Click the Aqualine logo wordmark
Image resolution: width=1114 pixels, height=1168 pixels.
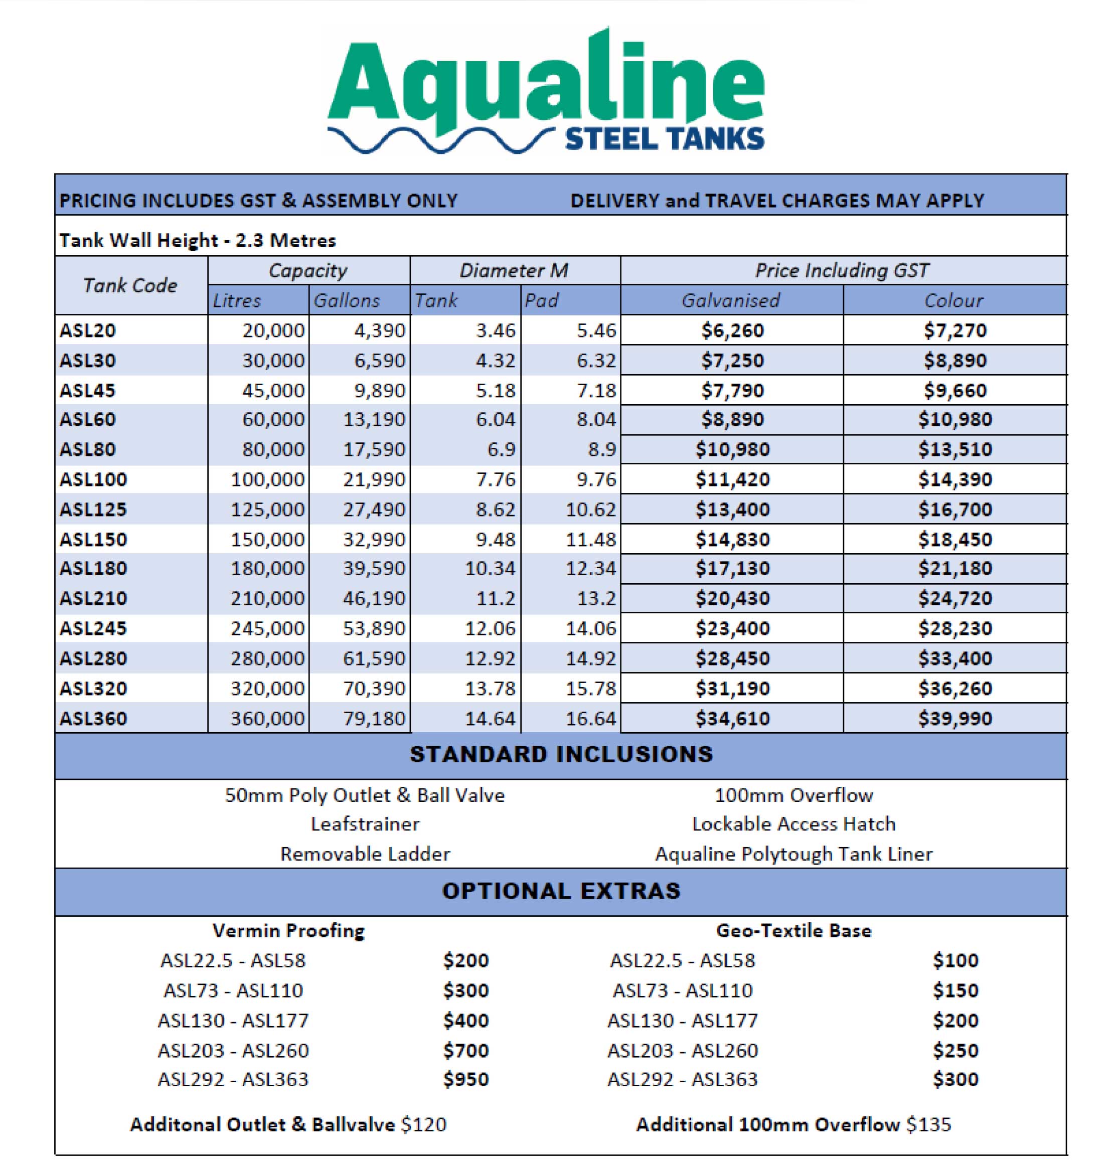pyautogui.click(x=545, y=83)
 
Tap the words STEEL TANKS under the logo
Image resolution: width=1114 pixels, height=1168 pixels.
pyautogui.click(x=664, y=138)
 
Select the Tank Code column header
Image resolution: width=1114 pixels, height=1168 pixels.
pyautogui.click(x=130, y=286)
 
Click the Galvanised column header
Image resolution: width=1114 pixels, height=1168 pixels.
pyautogui.click(x=730, y=300)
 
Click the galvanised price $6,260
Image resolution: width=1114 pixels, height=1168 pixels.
pyautogui.click(x=732, y=330)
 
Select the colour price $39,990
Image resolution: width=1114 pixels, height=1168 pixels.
pyautogui.click(x=955, y=719)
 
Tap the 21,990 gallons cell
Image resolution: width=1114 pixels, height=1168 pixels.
pyautogui.click(x=374, y=479)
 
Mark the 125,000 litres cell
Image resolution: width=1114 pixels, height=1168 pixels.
pyautogui.click(x=267, y=510)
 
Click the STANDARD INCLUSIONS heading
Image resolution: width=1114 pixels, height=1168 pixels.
pyautogui.click(x=561, y=755)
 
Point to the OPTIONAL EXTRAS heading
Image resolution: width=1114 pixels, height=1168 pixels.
pyautogui.click(x=561, y=891)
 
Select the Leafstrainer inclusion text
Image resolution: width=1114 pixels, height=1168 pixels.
pyautogui.click(x=365, y=824)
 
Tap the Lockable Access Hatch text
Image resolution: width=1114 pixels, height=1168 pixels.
pyautogui.click(x=793, y=824)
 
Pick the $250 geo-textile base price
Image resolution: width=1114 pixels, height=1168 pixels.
pyautogui.click(x=955, y=1051)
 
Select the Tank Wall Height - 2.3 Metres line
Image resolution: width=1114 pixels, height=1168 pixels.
pyautogui.click(x=197, y=241)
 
